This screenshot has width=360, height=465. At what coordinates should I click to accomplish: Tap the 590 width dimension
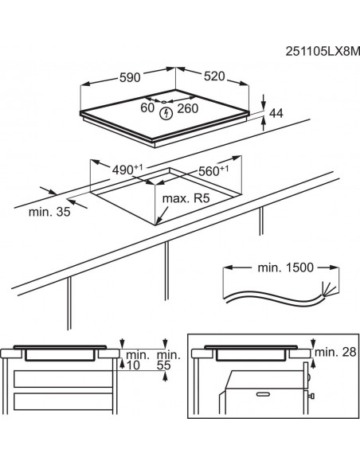130,78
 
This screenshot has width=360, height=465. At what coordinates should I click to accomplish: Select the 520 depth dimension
213,77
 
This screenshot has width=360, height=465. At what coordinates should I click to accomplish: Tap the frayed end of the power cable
324,289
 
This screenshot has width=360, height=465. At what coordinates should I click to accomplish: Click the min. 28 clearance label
335,352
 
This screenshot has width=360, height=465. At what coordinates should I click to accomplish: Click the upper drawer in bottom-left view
64,377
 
